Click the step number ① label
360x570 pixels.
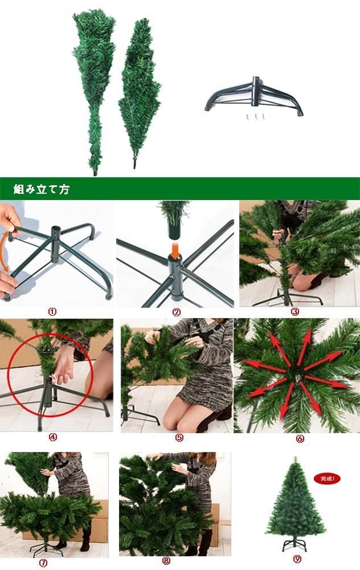tap(52, 312)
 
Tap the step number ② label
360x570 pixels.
tap(177, 312)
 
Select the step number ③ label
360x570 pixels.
tap(295, 312)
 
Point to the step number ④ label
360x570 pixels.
tap(52, 437)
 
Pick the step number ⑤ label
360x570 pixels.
tap(179, 438)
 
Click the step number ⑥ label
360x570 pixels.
tap(300, 439)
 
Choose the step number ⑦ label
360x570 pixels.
tap(43, 563)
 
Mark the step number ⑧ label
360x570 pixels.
tap(166, 561)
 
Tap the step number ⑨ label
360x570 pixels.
tap(297, 559)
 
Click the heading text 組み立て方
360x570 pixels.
tap(42, 189)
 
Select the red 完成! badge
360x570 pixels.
tap(327, 479)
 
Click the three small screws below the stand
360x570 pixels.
tap(256, 117)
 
